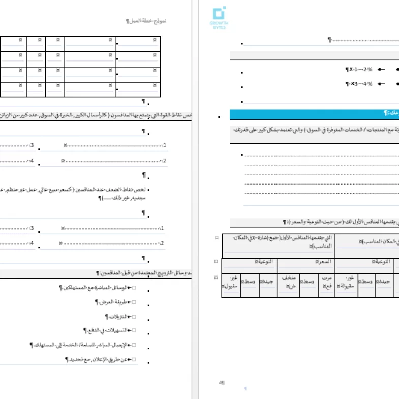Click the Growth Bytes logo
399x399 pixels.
click(219, 18)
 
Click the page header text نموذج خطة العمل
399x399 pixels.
click(146, 21)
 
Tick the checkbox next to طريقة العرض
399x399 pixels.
click(133, 302)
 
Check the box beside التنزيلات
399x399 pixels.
click(133, 316)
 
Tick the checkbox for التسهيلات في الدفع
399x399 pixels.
click(133, 331)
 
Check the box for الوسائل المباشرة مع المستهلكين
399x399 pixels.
click(133, 288)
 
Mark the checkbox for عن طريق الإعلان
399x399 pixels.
click(133, 359)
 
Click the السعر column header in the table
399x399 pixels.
click(305, 262)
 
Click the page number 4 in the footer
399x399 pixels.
click(221, 382)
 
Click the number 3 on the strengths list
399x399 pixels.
click(32, 146)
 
